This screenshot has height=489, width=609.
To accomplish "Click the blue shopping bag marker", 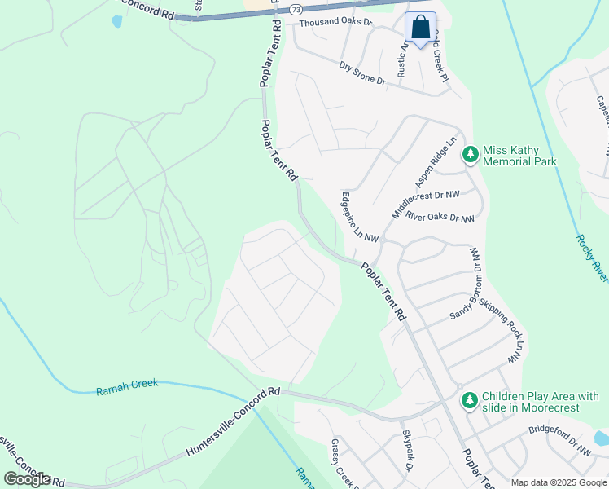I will coord(420,29).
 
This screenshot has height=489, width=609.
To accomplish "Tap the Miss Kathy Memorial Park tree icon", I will coord(470,155).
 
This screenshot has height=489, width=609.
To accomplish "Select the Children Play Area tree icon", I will coord(469,401).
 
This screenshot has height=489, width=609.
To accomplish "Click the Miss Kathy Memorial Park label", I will coord(519,156).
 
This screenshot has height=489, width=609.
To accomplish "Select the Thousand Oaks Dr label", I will coord(335,24).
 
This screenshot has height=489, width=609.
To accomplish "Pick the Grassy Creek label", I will coord(340,465).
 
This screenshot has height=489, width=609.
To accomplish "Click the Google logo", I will coord(27,479).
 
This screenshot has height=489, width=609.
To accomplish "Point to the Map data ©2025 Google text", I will coord(559,482).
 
